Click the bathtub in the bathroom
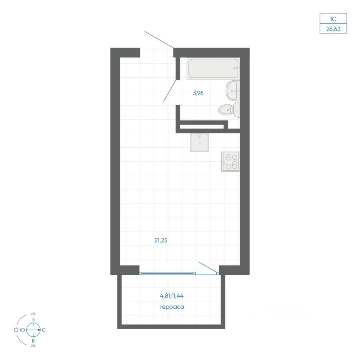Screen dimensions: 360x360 [x=213, y=68]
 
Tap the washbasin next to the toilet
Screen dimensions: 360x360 [x=233, y=90]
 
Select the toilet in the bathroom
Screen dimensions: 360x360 [x=229, y=110]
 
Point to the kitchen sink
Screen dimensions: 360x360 [x=199, y=142]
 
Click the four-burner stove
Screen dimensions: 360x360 [x=231, y=162]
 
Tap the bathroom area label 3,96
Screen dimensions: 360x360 [x=198, y=93]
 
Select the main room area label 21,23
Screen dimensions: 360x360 [x=161, y=240]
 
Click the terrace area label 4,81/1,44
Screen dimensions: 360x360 [x=172, y=296]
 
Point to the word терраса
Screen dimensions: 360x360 [x=172, y=307]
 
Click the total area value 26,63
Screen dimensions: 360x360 [x=333, y=29]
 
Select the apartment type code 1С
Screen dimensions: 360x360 [x=333, y=19]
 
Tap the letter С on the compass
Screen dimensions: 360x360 [x=43, y=330]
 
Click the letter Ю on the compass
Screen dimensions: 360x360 [x=22, y=330]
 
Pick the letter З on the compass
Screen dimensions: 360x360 [x=33, y=319]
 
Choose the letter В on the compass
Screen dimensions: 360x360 [x=33, y=341]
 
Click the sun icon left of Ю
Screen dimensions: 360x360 [x=16, y=330]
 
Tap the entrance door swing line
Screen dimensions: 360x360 [x=159, y=39]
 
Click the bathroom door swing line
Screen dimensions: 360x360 [x=170, y=91]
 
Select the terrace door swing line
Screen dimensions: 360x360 [x=208, y=267]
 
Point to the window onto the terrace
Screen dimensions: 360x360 [x=168, y=273]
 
